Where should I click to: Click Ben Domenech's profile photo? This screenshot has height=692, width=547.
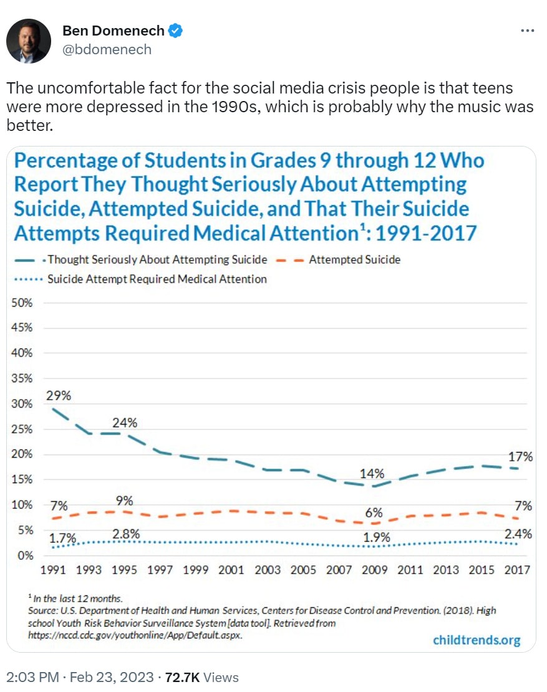pos(29,41)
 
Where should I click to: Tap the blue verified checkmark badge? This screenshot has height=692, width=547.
pos(177,31)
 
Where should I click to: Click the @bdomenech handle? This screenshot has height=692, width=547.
pos(107,49)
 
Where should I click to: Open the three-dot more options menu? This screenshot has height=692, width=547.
pos(527,31)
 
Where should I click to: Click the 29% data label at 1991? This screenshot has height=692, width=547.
pos(59,395)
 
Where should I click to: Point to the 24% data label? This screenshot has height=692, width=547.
pos(125,422)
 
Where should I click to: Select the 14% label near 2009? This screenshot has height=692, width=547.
pos(371,473)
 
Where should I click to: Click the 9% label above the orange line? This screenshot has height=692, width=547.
pos(125,501)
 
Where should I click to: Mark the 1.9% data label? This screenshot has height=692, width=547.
pos(376,537)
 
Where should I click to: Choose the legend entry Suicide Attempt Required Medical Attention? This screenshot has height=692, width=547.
pos(157,279)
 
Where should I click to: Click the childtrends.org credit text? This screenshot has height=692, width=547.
pos(476,640)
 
